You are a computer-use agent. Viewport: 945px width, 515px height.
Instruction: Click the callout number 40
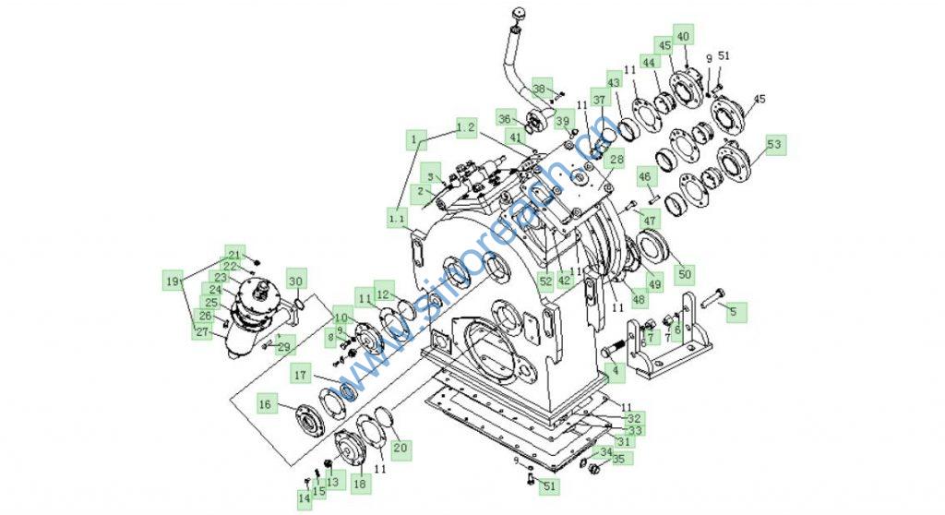(x=683, y=36)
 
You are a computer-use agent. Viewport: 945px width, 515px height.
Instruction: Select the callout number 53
(x=774, y=144)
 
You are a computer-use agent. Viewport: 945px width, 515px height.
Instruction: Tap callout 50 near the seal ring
(x=684, y=274)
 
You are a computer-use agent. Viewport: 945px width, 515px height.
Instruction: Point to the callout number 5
(x=736, y=313)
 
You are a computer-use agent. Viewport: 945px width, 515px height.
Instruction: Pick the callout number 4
(x=610, y=373)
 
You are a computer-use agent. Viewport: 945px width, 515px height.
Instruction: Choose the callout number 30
(x=295, y=281)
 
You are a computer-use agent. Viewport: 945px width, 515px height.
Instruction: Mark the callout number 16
(x=265, y=403)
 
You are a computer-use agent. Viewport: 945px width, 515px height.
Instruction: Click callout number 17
(x=300, y=375)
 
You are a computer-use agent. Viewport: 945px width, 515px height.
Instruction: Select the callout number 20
(x=400, y=449)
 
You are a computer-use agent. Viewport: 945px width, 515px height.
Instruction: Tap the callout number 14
(x=305, y=498)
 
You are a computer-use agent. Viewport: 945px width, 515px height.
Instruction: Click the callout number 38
(x=540, y=89)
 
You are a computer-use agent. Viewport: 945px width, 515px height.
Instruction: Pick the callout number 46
(x=644, y=176)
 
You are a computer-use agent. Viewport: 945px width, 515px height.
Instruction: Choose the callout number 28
(x=616, y=160)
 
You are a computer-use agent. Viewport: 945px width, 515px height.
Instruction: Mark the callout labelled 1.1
(x=397, y=218)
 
